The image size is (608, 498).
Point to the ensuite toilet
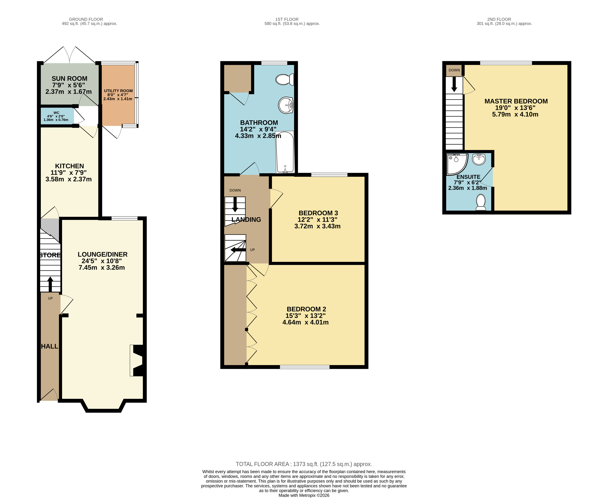481,202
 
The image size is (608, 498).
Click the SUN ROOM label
70,79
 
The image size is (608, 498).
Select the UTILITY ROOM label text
118,91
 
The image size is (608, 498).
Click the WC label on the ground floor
56,113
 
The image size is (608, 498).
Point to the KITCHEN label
70,166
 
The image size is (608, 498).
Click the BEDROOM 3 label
318,213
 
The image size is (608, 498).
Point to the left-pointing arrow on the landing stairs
238,250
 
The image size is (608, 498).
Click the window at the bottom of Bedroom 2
305,367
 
